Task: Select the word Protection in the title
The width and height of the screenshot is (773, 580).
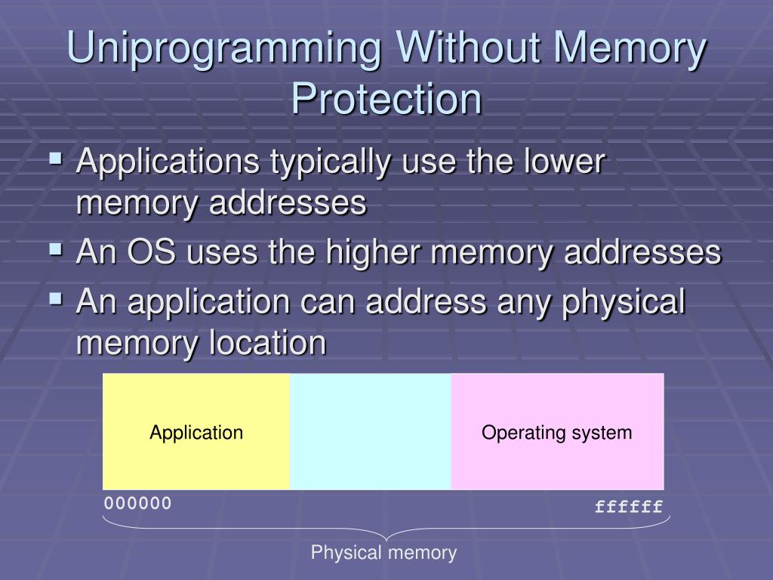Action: (x=386, y=99)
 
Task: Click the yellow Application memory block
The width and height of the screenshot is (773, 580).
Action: (x=196, y=432)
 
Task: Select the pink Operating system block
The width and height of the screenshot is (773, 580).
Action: (x=557, y=432)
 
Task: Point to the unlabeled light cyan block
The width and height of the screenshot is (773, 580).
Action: (x=370, y=432)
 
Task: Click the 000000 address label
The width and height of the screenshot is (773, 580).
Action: (x=138, y=503)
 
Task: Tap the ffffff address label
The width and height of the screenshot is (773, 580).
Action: (x=628, y=506)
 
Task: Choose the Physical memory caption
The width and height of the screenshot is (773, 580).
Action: (x=384, y=553)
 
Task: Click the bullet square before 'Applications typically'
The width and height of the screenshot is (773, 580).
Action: (x=56, y=159)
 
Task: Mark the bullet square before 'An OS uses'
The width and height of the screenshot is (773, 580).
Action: (x=56, y=248)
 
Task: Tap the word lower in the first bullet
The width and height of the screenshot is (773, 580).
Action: (x=562, y=162)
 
